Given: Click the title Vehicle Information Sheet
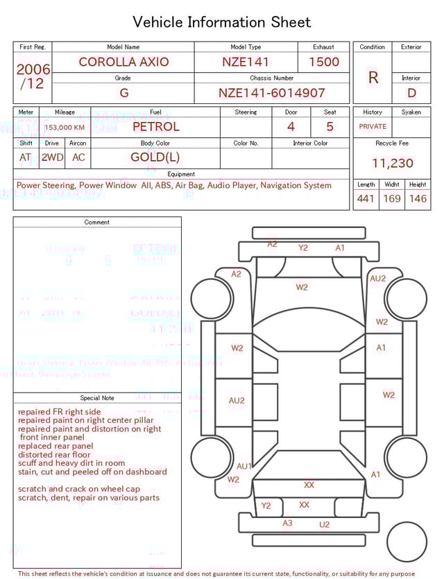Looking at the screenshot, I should click(222, 21).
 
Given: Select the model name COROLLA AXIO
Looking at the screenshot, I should click(123, 62).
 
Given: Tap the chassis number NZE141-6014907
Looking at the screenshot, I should click(271, 93).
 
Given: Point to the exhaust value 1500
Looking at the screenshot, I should click(324, 62).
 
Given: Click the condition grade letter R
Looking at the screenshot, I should click(373, 78).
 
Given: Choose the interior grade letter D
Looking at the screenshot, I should click(411, 93).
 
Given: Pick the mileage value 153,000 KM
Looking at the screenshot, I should click(64, 128).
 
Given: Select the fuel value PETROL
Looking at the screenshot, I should click(155, 126).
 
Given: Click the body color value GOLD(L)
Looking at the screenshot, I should click(155, 157).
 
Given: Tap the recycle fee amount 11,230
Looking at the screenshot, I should click(393, 164).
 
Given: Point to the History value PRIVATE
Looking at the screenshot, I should click(373, 126).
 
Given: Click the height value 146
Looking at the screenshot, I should click(418, 199).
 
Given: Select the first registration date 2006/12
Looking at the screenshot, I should click(33, 76).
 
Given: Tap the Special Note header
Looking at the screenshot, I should click(97, 398).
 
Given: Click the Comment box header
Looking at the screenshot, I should click(97, 223).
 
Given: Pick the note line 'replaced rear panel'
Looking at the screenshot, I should click(55, 446).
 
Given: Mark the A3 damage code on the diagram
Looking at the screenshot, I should click(287, 523).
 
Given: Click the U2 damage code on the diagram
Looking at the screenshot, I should click(324, 525).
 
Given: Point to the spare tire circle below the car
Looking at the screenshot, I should click(407, 542).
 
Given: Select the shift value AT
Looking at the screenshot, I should click(26, 157).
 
